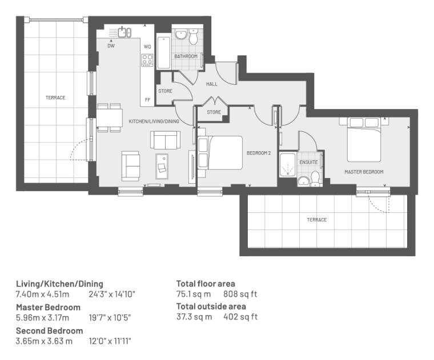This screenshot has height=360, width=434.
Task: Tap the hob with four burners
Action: point(147,60)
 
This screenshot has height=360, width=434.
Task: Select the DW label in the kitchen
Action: point(111,46)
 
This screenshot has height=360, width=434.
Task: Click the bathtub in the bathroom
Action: point(163,52)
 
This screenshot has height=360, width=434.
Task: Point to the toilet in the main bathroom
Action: point(194,37)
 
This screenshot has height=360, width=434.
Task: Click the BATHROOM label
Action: point(186,56)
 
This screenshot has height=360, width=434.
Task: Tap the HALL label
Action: point(212,84)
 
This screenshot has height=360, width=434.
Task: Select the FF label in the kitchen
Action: point(147,100)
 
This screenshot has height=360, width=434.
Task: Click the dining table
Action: point(110,118)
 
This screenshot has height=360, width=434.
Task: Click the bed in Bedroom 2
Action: point(220,152)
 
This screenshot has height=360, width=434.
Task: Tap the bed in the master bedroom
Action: point(364,140)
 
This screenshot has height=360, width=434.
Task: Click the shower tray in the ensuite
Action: point(288,165)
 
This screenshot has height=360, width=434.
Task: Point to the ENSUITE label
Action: point(308,162)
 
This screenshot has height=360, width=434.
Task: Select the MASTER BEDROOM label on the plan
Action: point(364,172)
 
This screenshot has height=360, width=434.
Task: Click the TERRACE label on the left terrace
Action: point(55,98)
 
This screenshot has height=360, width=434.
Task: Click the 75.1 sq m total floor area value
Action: point(194,294)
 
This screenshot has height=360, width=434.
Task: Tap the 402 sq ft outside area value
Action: point(240,317)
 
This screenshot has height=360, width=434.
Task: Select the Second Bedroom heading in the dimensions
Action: point(50,331)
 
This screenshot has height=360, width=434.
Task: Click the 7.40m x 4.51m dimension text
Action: point(43,294)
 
